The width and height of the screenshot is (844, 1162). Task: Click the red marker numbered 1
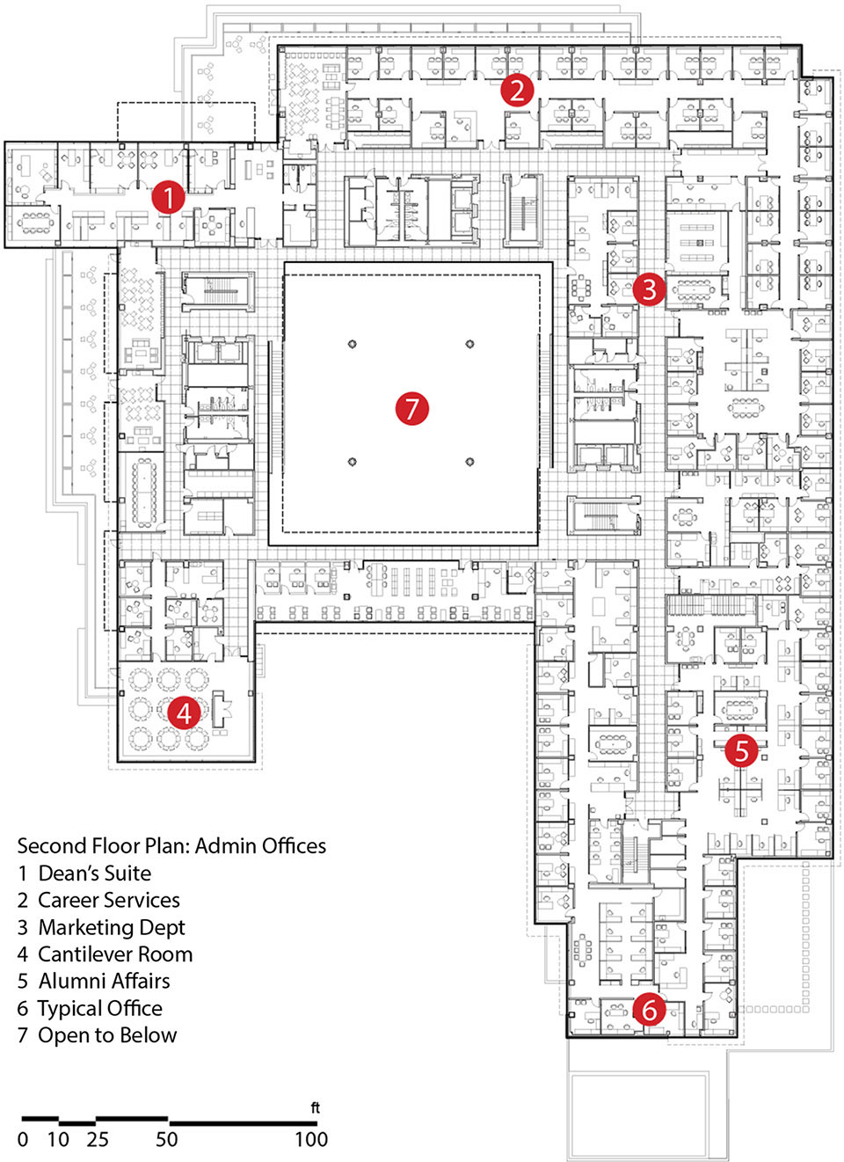point(168,197)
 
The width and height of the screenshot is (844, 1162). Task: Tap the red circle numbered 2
point(517,90)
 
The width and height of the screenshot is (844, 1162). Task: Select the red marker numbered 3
point(649,289)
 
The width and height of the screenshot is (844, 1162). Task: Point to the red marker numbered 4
point(184,712)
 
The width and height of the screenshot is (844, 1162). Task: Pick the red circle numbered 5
point(742,751)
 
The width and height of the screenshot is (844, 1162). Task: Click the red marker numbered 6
point(649,1010)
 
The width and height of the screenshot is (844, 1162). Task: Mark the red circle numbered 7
point(411,408)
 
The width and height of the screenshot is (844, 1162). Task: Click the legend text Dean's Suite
point(94,873)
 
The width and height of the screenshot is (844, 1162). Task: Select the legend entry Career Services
point(108,901)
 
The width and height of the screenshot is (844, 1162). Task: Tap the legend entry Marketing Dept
point(111,927)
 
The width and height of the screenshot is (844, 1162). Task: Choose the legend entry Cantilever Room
point(114,954)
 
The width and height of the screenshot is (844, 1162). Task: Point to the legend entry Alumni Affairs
point(104,981)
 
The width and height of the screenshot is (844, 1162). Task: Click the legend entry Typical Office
point(99,1008)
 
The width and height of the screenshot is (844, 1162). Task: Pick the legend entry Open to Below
point(106,1035)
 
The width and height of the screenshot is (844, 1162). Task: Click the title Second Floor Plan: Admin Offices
point(171,846)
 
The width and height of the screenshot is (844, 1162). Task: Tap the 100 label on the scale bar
point(310,1140)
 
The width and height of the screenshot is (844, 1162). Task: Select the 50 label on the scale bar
point(166,1140)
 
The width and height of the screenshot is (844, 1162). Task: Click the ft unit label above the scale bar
point(315,1108)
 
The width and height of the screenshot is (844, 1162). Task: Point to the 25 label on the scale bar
point(98,1140)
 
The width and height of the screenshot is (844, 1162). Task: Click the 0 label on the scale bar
point(23,1140)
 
